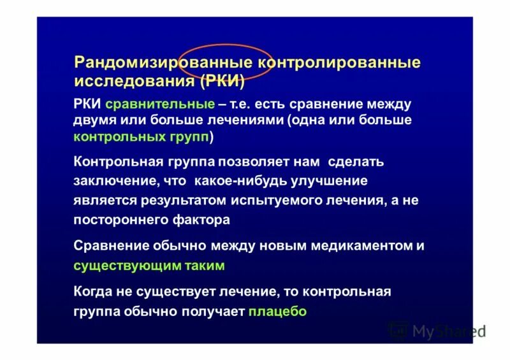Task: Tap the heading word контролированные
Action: tap(339, 63)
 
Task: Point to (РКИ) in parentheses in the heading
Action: tap(222, 82)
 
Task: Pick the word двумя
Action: tap(95, 120)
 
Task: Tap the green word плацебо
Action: tap(277, 312)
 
